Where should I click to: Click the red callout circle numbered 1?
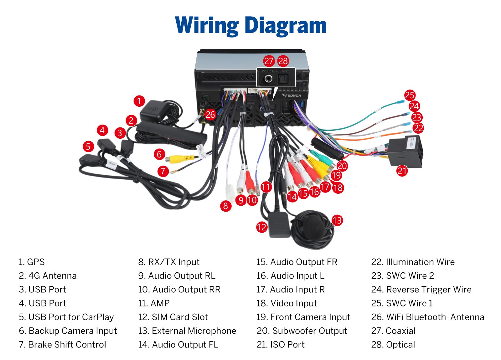pos(139,101)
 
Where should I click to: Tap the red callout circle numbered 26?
pos(210,115)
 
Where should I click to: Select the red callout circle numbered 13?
pos(337,220)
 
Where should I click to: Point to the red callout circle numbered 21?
pos(402,171)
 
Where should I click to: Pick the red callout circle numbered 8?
pos(226,206)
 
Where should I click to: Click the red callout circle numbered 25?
pos(410,95)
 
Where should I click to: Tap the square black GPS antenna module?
pos(154,111)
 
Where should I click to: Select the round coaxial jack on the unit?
pos(268,79)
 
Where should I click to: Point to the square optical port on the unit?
pos(283,79)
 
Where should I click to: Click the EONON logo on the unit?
pos(292,96)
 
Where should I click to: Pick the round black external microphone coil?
pos(313,229)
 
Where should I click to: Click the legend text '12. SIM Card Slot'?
pos(173,317)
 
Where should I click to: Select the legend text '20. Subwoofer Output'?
pos(302,331)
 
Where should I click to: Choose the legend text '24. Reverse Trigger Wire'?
pos(421,290)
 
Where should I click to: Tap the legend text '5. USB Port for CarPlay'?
pos(66,317)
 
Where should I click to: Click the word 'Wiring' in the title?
pos(207,26)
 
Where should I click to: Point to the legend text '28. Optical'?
pos(393,345)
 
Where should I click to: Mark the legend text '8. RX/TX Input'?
pos(169,262)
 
